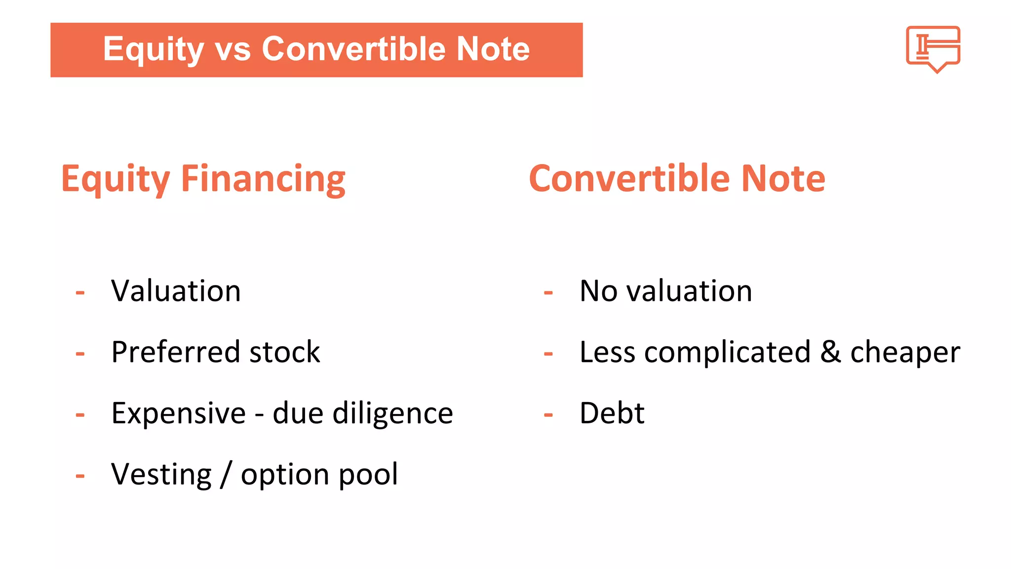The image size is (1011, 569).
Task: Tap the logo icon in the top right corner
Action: pos(933,48)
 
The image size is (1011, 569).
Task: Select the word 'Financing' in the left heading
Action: pos(263,179)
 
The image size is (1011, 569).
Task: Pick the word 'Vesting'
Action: pos(161,474)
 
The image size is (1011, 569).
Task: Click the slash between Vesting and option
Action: pos(226,474)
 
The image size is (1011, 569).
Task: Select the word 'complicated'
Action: pos(727,353)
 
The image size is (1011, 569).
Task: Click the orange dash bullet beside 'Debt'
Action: pos(548,415)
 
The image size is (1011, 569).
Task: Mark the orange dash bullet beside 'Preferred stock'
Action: pos(80,354)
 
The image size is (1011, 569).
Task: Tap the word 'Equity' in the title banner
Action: pos(153,49)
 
